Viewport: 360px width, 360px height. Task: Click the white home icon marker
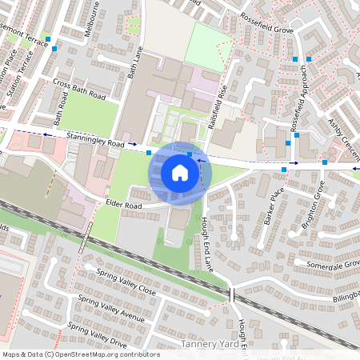(x=180, y=171)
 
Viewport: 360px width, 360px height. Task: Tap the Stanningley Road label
(x=96, y=141)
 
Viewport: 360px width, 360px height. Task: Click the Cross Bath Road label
(x=80, y=89)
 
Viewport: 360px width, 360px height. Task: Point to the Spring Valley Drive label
(x=98, y=334)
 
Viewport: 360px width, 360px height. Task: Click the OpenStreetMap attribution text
(x=81, y=354)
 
